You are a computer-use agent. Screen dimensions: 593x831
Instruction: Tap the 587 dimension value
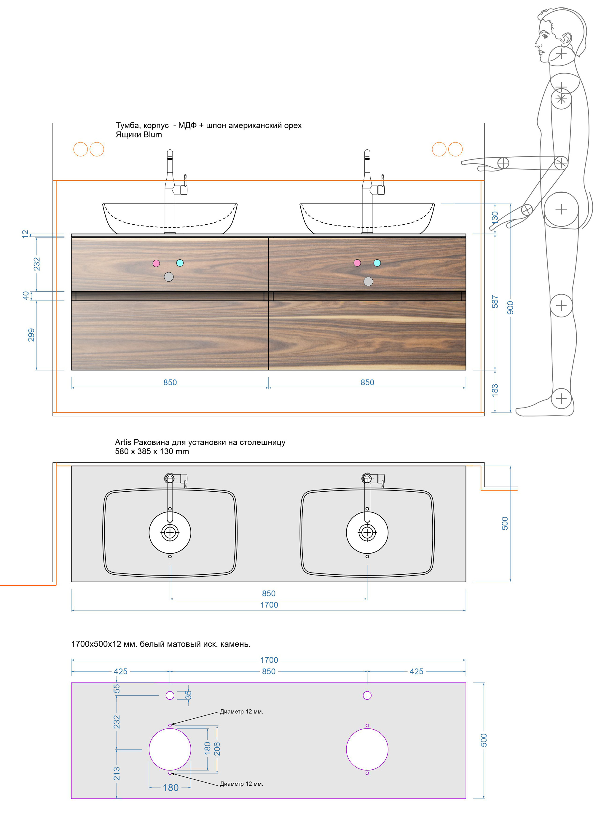[495, 301]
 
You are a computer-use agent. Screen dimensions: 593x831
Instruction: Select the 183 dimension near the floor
[495, 390]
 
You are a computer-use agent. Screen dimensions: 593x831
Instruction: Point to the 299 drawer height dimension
[31, 335]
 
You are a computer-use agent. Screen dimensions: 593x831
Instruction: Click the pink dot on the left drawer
[156, 263]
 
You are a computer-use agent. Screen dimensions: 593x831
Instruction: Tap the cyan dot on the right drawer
[377, 263]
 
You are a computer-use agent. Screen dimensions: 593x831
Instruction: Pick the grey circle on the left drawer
[169, 277]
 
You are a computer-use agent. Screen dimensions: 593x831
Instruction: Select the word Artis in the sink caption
[123, 442]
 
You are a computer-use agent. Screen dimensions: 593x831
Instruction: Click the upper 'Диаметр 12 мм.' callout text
[241, 711]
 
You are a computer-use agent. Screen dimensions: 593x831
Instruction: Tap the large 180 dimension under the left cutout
[170, 787]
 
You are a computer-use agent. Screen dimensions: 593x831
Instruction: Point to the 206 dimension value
[217, 749]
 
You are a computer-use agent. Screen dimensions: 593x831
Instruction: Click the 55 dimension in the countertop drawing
[117, 688]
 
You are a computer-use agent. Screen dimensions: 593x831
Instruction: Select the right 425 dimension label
[416, 672]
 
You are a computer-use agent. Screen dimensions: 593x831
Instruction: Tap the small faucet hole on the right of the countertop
[367, 695]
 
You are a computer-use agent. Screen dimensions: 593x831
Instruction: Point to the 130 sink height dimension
[495, 218]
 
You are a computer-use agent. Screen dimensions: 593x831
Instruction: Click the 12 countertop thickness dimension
[25, 234]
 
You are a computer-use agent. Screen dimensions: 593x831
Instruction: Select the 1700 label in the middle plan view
[269, 605]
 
